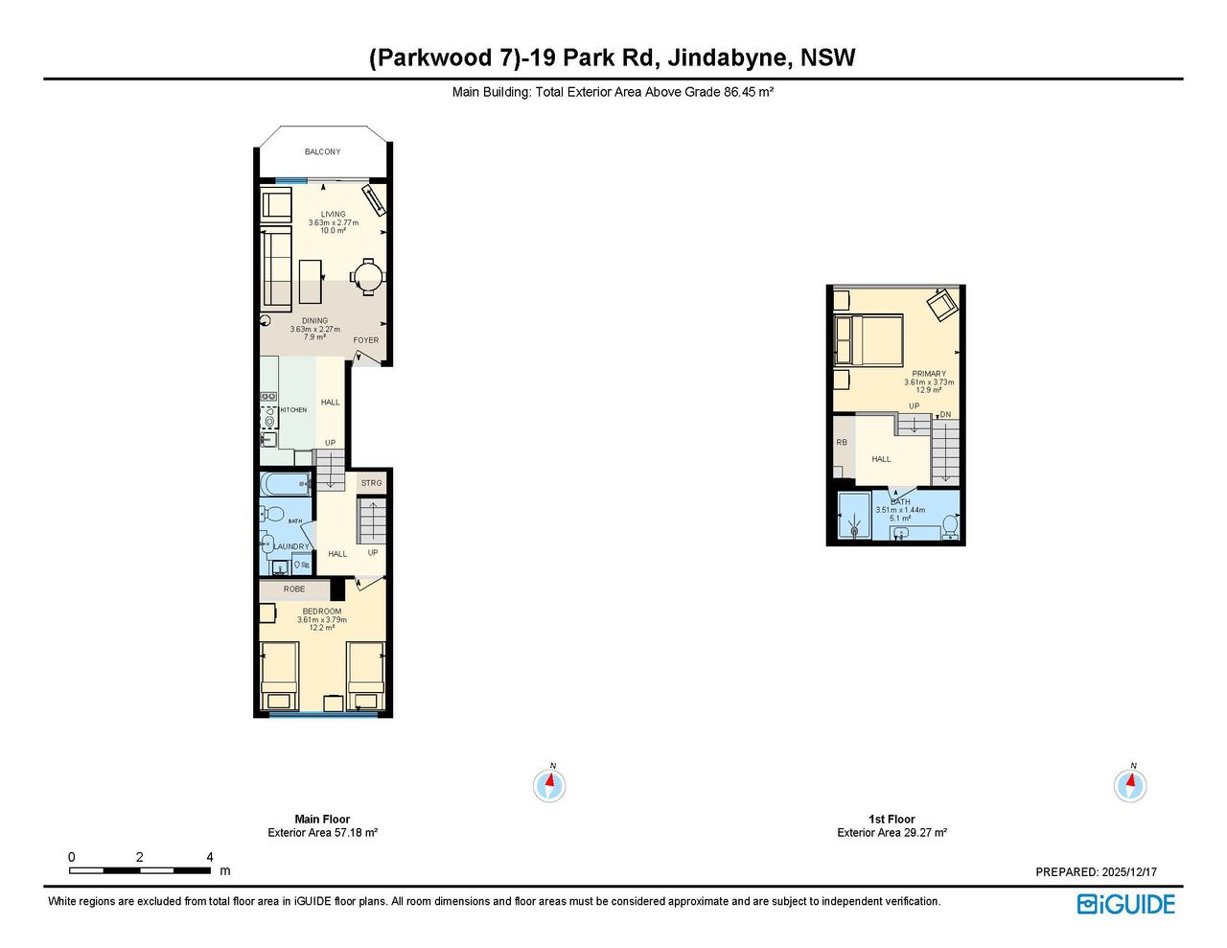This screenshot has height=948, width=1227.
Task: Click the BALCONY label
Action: pyautogui.click(x=322, y=151)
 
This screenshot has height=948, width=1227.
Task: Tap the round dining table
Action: pyautogui.click(x=368, y=277)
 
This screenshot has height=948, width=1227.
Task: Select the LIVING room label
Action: pyautogui.click(x=334, y=214)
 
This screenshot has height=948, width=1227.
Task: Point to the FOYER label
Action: pyautogui.click(x=366, y=340)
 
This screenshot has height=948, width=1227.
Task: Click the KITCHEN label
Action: pyautogui.click(x=293, y=410)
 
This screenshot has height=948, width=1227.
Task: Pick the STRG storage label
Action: pyautogui.click(x=372, y=483)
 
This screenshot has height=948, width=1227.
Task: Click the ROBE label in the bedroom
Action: pyautogui.click(x=294, y=589)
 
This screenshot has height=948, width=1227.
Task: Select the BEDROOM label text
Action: pyautogui.click(x=322, y=611)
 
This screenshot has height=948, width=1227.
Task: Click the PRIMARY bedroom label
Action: pyautogui.click(x=929, y=373)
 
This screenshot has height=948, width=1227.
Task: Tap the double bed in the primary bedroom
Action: pyautogui.click(x=868, y=340)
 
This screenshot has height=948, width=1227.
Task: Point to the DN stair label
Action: pyautogui.click(x=945, y=414)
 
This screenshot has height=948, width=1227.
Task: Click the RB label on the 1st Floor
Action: pyautogui.click(x=842, y=442)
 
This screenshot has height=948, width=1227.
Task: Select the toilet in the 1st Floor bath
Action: pyautogui.click(x=950, y=525)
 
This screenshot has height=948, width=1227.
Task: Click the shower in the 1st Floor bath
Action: pyautogui.click(x=855, y=516)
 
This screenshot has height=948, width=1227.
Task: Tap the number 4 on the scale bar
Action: pyautogui.click(x=210, y=857)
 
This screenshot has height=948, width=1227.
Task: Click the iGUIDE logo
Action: pyautogui.click(x=1126, y=904)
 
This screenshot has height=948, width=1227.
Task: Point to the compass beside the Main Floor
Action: pyautogui.click(x=549, y=785)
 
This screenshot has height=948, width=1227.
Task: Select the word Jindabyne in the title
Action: pyautogui.click(x=728, y=58)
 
